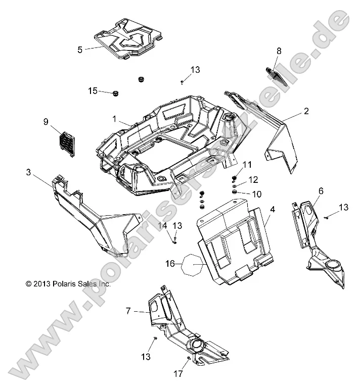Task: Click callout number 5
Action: [x=80, y=50]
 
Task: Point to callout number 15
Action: [x=93, y=90]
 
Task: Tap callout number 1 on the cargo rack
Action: [x=115, y=119]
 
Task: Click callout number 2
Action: [x=306, y=111]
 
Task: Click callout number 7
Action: [x=128, y=312]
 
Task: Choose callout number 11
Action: [x=247, y=165]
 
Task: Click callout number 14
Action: [x=164, y=225]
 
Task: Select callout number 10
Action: [x=257, y=194]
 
